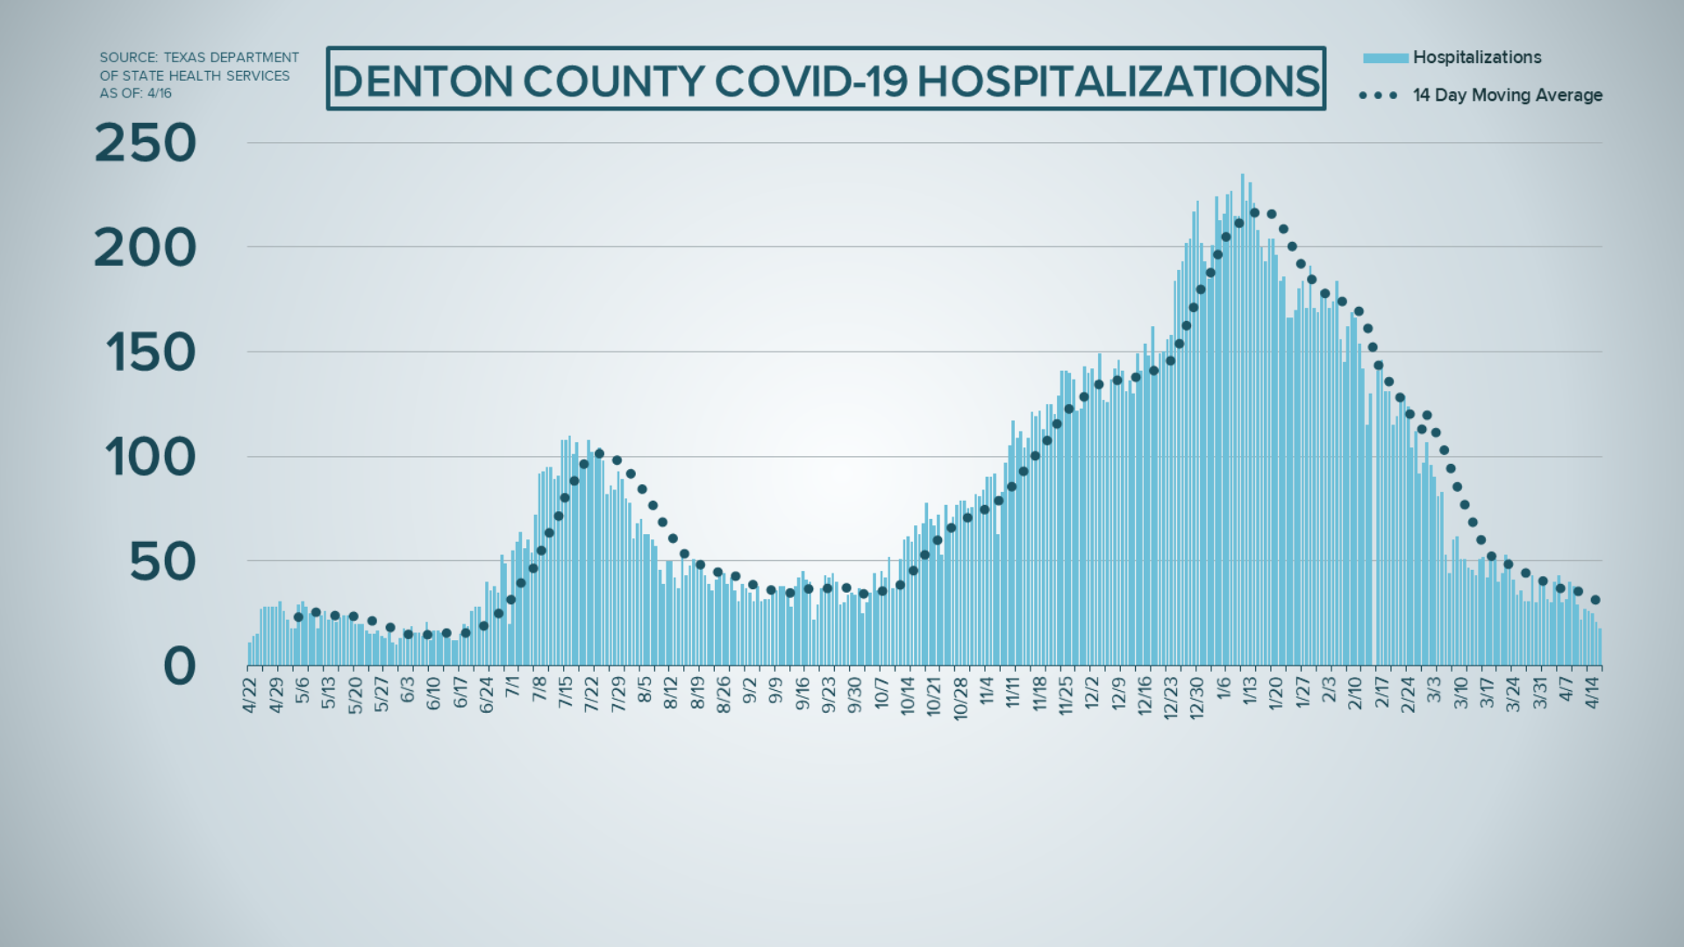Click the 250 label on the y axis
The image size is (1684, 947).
[146, 144]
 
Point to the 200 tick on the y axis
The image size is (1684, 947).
[146, 249]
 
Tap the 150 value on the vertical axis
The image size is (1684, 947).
[150, 354]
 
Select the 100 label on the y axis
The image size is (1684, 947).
[150, 458]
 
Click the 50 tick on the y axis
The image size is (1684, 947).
[162, 563]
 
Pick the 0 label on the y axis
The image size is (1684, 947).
[180, 666]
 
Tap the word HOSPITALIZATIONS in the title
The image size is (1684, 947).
[1118, 82]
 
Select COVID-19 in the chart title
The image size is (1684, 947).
[812, 82]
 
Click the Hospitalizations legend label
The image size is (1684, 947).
[1477, 58]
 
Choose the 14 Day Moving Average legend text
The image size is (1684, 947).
[1507, 96]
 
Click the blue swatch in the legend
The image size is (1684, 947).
[1385, 58]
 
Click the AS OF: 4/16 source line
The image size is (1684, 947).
[135, 94]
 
